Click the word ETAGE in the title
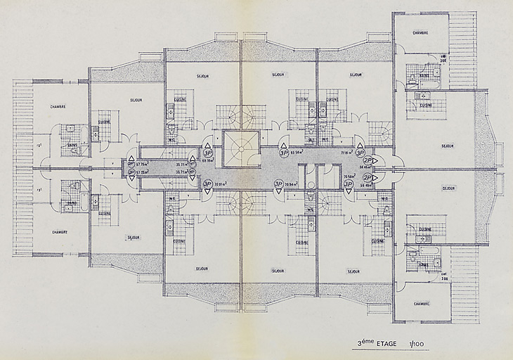tap(385, 344)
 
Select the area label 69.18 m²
tap(208, 160)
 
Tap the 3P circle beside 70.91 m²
tap(208, 184)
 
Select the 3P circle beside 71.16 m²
tap(360, 152)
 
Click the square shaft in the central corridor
tap(241, 148)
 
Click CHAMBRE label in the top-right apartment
tap(420, 32)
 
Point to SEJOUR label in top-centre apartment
tap(278, 74)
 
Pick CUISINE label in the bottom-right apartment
tap(425, 229)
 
